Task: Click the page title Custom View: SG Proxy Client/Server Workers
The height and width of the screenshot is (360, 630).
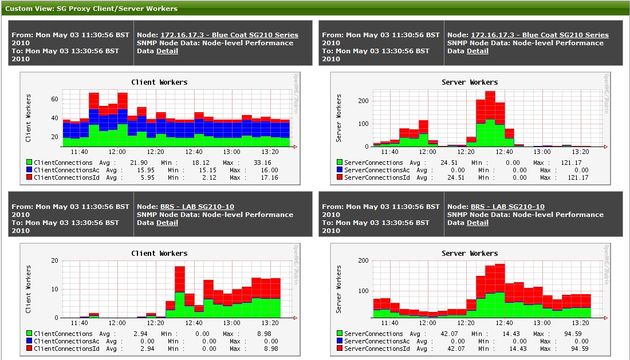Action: [x=91, y=9]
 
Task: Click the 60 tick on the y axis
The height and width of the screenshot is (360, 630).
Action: [x=55, y=99]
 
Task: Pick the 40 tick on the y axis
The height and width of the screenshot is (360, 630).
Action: [x=55, y=118]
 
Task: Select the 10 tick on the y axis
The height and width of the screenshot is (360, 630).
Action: [x=55, y=289]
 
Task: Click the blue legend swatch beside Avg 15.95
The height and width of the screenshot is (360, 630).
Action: [x=29, y=170]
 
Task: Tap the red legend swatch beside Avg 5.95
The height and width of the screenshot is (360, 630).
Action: [x=29, y=177]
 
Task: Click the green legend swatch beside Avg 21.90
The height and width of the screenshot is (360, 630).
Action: [x=29, y=163]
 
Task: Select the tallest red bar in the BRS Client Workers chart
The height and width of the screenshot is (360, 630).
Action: [x=180, y=279]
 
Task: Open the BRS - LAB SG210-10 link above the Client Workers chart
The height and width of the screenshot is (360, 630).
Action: [x=197, y=207]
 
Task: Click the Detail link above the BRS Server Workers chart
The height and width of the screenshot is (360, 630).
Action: [x=478, y=223]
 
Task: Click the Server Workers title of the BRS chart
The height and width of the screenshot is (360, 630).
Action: [x=470, y=253]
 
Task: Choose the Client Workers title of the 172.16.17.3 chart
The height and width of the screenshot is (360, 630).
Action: [x=159, y=82]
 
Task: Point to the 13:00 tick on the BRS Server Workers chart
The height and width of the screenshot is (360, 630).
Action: [x=542, y=323]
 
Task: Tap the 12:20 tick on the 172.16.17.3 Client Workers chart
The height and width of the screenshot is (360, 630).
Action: [x=156, y=152]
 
